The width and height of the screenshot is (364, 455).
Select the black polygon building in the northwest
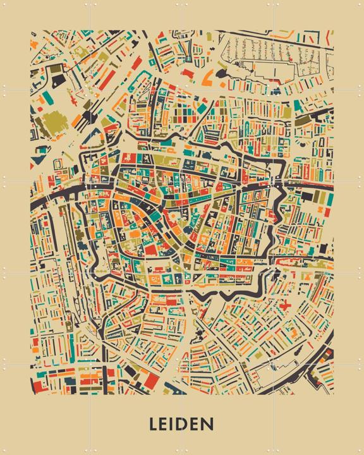click(x=58, y=80)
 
